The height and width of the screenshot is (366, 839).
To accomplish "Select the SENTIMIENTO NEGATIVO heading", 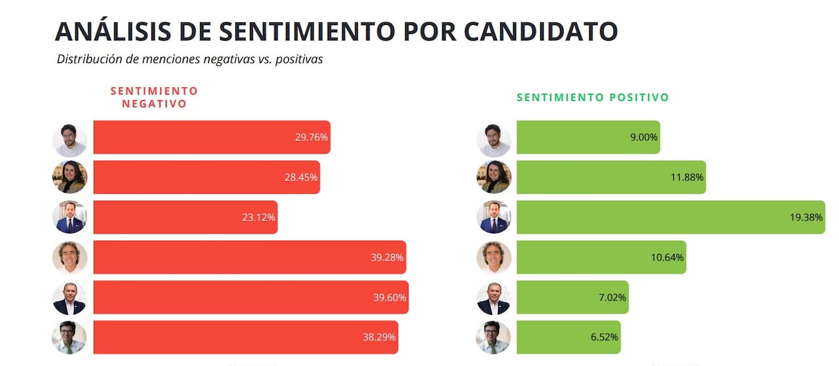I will (154, 97).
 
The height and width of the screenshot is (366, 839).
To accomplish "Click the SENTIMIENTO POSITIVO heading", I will (593, 97).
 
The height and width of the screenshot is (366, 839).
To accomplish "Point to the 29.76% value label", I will (311, 138).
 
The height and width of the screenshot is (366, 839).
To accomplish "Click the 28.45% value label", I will (302, 178).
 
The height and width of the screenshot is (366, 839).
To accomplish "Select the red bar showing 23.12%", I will (185, 217).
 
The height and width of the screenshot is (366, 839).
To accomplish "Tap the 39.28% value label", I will (387, 258).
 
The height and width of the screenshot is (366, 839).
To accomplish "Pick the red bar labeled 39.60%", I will (250, 297).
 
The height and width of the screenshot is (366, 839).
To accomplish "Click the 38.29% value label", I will (379, 338).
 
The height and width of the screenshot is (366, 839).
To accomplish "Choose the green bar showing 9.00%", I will (587, 138).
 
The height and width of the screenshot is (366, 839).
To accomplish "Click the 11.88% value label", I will (687, 178).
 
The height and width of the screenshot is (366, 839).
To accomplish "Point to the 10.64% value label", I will (667, 258).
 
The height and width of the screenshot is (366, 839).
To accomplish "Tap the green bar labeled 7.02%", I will (572, 297).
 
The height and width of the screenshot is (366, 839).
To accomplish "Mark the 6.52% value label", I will (603, 338).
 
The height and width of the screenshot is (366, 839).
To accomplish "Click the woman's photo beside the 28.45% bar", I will (69, 177).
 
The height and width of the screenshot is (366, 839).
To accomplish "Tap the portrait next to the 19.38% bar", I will (495, 217).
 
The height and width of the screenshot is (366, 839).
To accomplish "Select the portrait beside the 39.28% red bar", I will (69, 258).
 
